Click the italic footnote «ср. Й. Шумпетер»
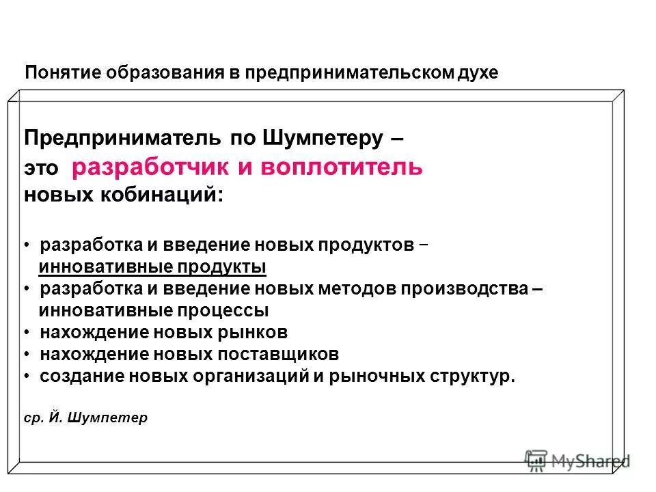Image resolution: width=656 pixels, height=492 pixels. point(85,417)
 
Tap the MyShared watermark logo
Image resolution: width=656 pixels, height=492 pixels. point(577,461)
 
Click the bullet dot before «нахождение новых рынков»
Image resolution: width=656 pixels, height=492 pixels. point(26,333)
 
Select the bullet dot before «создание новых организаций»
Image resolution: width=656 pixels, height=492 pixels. point(26,377)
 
